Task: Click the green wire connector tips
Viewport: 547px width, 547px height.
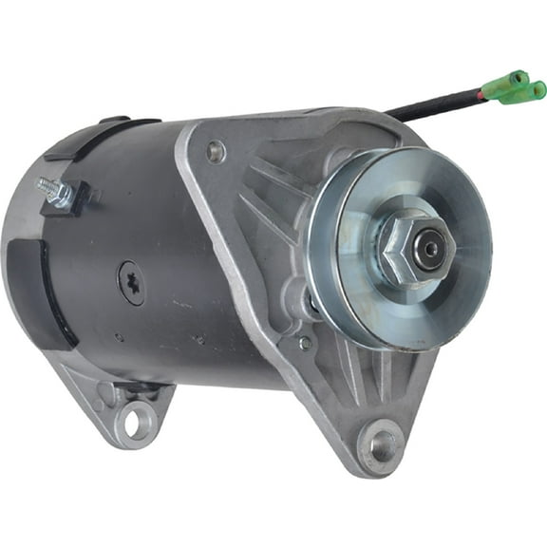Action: coord(518,87)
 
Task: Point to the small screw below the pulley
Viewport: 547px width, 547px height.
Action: coord(305,343)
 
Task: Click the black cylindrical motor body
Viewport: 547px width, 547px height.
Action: coord(190,285)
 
